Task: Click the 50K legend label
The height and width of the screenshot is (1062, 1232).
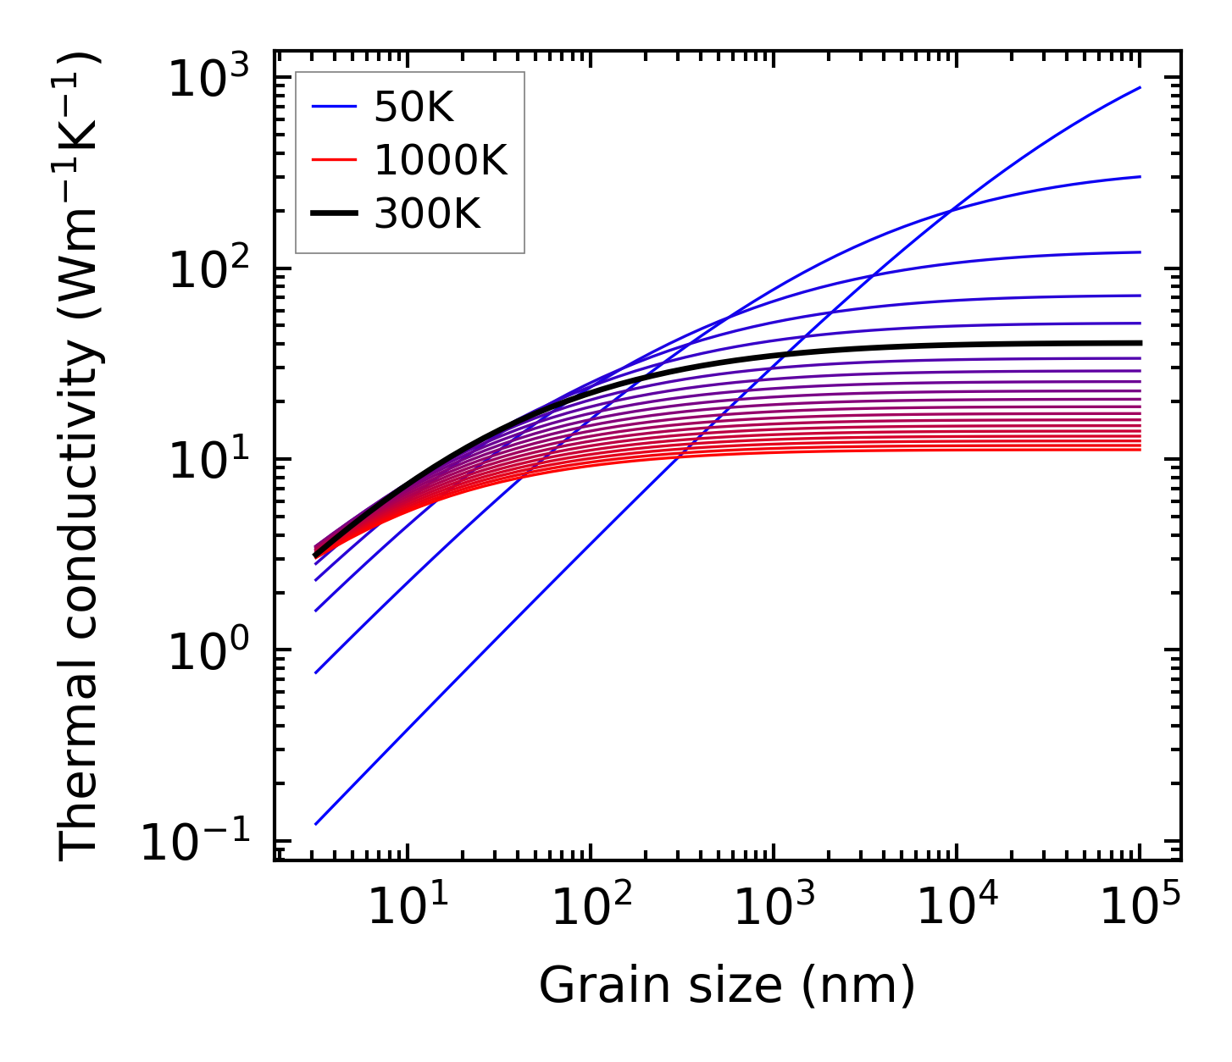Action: point(414,108)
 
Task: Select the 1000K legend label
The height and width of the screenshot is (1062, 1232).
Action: point(441,161)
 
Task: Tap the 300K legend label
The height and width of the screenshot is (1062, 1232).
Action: point(427,215)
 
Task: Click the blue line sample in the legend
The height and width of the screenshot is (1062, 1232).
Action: point(336,108)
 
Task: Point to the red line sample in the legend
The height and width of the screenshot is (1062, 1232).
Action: point(336,161)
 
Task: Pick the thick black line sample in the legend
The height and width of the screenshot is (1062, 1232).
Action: point(336,215)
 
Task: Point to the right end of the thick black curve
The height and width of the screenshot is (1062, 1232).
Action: point(1140,343)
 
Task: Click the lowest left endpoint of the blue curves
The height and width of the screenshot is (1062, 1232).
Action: point(315,824)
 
